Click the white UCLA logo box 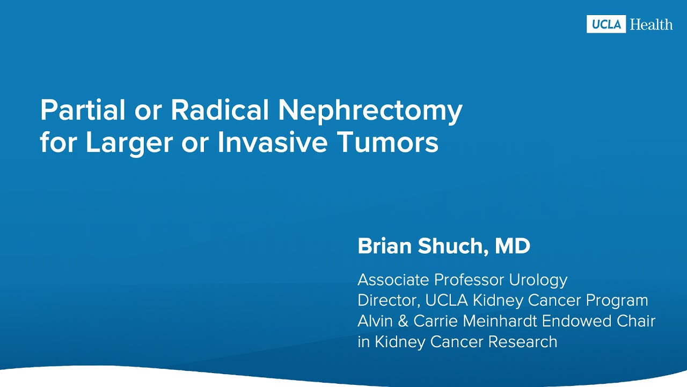606,24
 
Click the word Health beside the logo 651,24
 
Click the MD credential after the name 512,247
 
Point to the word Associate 393,280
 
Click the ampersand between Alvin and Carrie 404,321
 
